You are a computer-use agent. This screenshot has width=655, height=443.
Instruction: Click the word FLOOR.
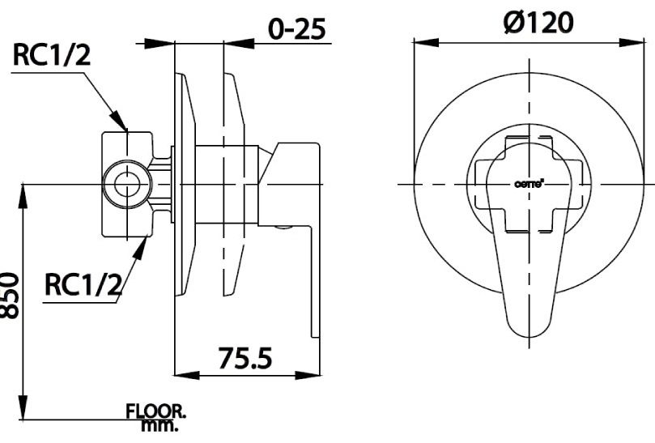155,411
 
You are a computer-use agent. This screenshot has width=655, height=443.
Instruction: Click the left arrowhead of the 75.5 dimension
183,374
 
